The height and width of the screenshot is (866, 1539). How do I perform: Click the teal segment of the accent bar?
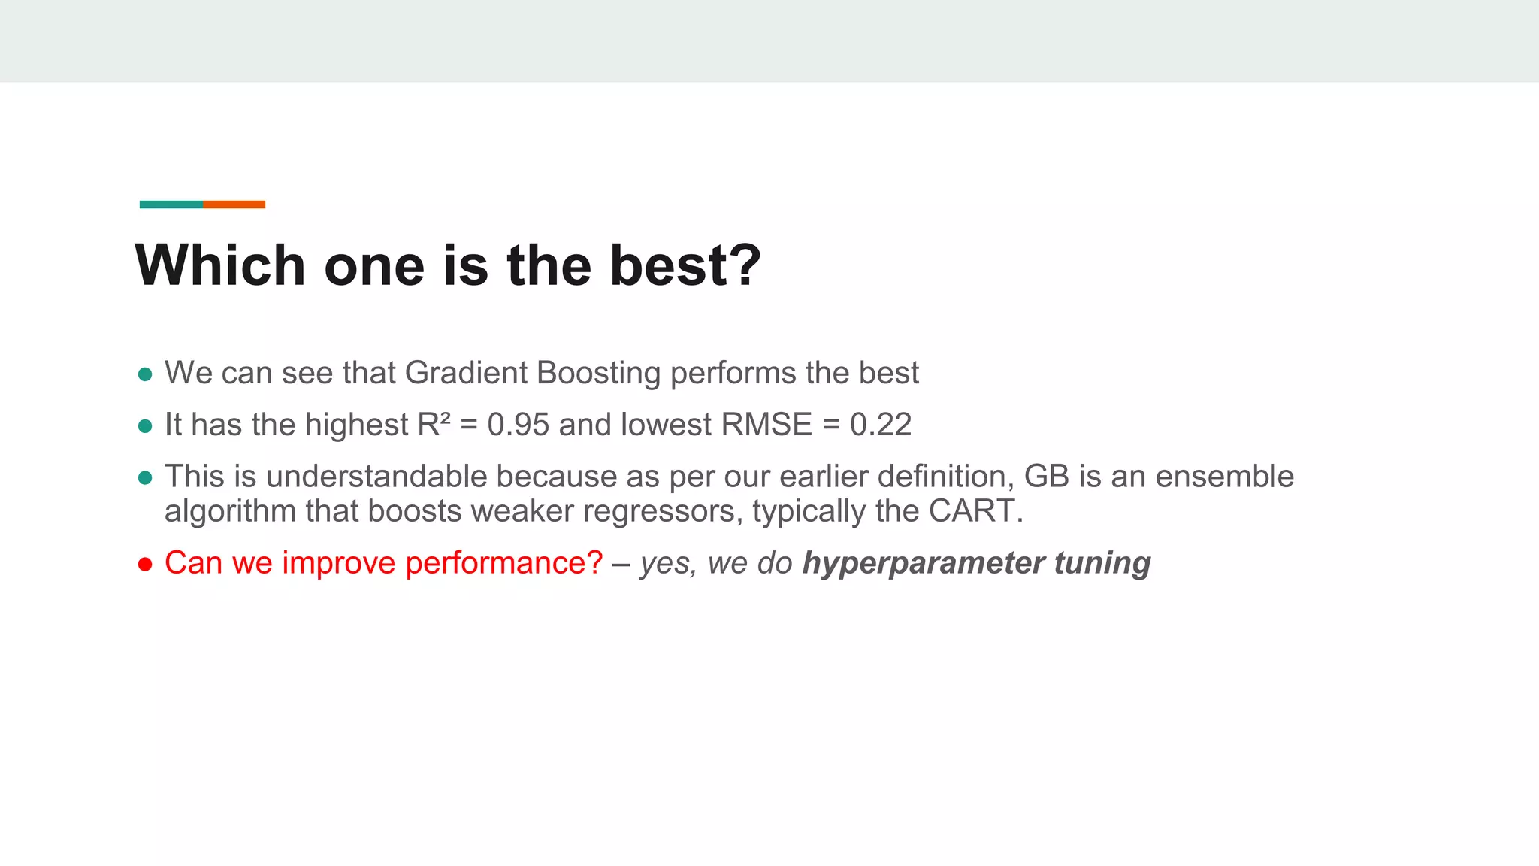pos(171,204)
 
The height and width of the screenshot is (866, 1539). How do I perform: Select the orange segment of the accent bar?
pos(234,204)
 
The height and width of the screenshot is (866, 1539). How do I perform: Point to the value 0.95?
pos(519,425)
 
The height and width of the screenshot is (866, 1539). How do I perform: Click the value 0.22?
pos(881,425)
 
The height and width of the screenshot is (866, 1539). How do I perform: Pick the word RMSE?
pos(766,425)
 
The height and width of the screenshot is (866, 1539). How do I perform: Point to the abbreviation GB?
pos(1047,477)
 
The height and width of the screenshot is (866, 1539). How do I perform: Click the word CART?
pos(975,511)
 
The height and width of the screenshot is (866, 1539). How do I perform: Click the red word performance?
pos(503,563)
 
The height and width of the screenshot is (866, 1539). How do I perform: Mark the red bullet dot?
pos(146,564)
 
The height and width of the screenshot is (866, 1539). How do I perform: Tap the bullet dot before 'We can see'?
pos(146,374)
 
